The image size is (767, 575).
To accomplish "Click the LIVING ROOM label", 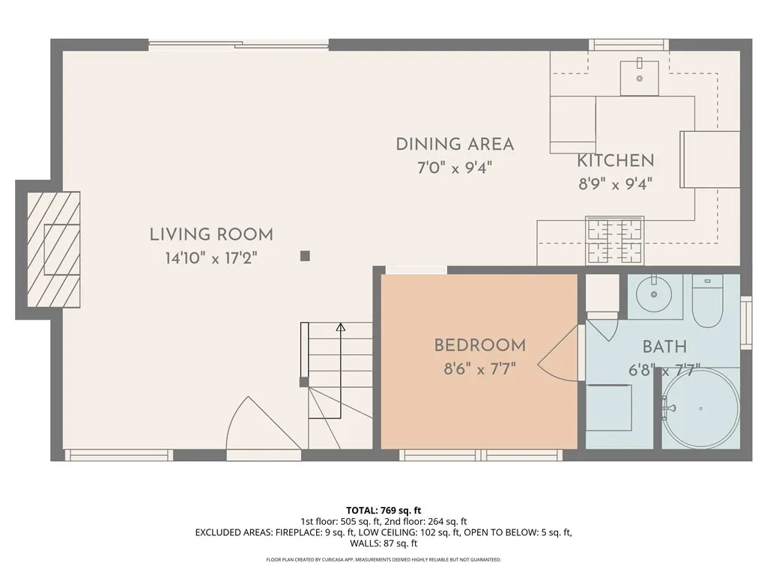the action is click(211, 234).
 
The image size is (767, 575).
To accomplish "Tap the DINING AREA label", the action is click(455, 144).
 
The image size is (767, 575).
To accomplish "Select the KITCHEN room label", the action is click(616, 160).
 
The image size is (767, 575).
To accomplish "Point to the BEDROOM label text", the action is click(480, 345).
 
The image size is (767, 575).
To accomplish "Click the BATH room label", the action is click(664, 347).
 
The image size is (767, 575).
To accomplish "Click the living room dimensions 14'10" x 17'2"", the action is click(211, 258).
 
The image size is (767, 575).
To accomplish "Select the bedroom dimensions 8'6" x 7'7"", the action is click(480, 368).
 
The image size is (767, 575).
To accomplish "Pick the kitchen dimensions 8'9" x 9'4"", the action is click(616, 184).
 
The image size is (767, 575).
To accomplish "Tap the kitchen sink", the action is click(640, 78).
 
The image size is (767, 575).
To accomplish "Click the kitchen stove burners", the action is click(615, 241).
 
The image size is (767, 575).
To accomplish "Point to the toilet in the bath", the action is click(707, 301).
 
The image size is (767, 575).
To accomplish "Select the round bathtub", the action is click(700, 408).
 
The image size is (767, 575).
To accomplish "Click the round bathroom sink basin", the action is click(653, 294).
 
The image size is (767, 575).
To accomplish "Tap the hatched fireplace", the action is click(53, 249).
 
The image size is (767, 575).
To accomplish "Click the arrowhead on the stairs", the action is click(341, 327).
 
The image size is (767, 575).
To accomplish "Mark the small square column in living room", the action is click(305, 256).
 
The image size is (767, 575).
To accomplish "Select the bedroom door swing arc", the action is click(557, 353).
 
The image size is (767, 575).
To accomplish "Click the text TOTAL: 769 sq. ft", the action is click(383, 511).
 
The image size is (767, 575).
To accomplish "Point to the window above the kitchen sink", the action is click(628, 45).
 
